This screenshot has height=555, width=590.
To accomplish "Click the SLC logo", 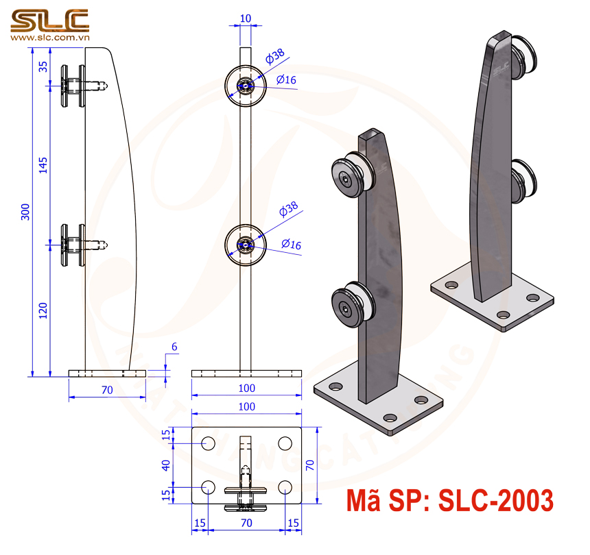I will coord(49,20).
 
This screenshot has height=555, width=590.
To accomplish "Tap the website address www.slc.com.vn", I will coord(49,38).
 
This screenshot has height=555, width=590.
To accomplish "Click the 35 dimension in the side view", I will coord(43,66).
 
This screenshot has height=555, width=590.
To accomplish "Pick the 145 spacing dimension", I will coord(43,164).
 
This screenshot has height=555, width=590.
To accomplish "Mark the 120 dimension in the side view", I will coord(43,310).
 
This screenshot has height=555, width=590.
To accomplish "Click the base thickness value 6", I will coord(174,347).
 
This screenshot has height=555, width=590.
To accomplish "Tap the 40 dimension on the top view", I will coord(165,465).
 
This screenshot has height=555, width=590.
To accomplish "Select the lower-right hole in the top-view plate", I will coord(285,486).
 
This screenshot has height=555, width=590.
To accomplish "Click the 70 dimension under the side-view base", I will coord(106,389).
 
